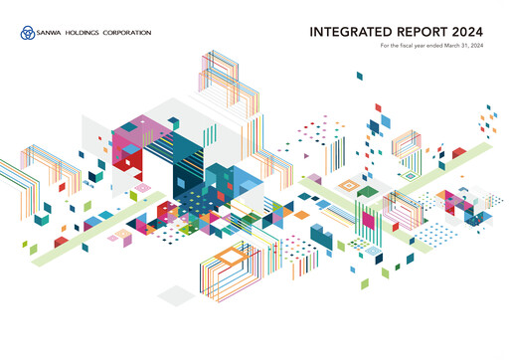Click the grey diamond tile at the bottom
pyautogui.click(x=177, y=294)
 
